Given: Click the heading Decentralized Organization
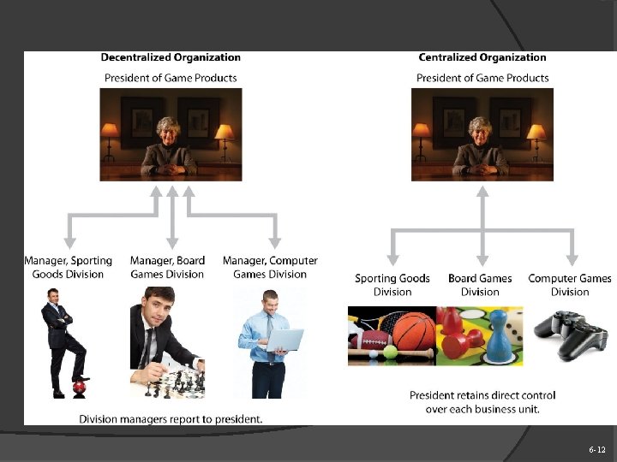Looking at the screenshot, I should pyautogui.click(x=171, y=58).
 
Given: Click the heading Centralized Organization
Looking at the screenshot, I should pyautogui.click(x=482, y=58).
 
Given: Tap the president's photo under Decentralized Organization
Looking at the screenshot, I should pyautogui.click(x=171, y=133).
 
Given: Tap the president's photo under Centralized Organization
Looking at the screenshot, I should pyautogui.click(x=482, y=133).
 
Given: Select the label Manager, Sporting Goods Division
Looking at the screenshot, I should pyautogui.click(x=68, y=267).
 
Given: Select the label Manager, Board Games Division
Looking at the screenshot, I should pyautogui.click(x=167, y=267).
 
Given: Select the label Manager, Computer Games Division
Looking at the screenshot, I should pyautogui.click(x=270, y=267).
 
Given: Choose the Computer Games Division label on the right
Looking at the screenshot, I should pyautogui.click(x=570, y=285).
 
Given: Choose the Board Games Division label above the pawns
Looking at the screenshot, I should pyautogui.click(x=480, y=285).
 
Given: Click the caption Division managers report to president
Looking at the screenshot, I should pyautogui.click(x=171, y=419).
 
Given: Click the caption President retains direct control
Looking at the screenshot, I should pyautogui.click(x=482, y=402).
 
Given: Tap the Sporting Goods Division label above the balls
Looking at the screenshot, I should pyautogui.click(x=392, y=285).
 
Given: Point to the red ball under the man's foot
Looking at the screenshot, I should pyautogui.click(x=79, y=388).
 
